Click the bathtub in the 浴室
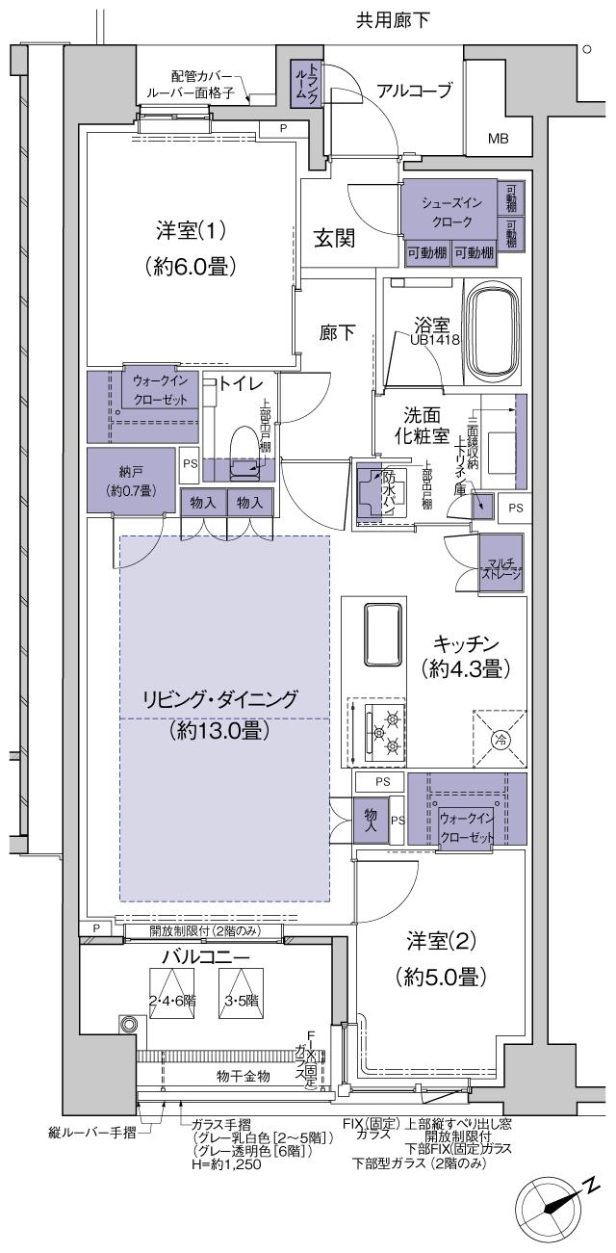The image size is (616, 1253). click(493, 331)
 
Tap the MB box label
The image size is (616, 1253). click(497, 139)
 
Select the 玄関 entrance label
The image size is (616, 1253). click(334, 239)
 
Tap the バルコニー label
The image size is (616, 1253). click(192, 958)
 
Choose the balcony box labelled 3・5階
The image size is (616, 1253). click(241, 1000)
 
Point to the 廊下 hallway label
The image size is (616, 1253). click(337, 332)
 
